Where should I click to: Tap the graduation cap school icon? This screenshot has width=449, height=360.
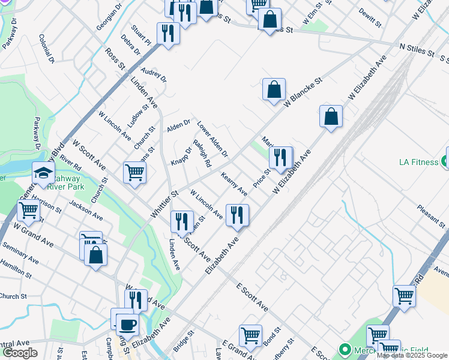(x=43, y=173)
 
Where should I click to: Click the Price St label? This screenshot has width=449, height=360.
(x=262, y=178)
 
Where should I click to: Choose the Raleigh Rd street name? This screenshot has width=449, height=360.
(x=203, y=154)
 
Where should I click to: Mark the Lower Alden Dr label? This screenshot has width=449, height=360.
(x=213, y=139)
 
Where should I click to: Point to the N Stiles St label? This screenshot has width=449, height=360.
(x=417, y=50)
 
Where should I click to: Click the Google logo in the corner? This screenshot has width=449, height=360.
(x=20, y=352)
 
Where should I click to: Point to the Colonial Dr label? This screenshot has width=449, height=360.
(x=47, y=49)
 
